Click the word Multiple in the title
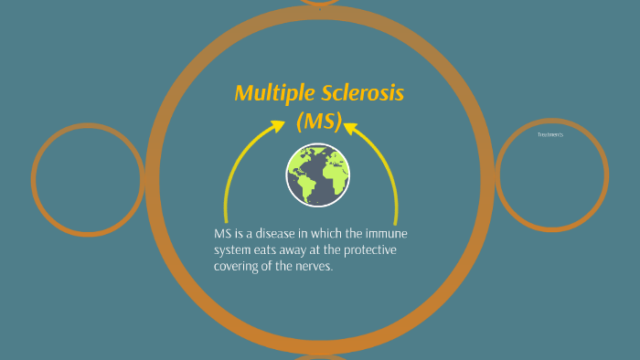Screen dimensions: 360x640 pyautogui.click(x=269, y=93)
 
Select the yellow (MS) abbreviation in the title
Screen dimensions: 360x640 pyautogui.click(x=319, y=122)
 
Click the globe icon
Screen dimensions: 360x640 pyautogui.click(x=319, y=175)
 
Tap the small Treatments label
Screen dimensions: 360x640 pyautogui.click(x=550, y=134)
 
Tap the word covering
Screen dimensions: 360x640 pyautogui.click(x=240, y=266)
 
